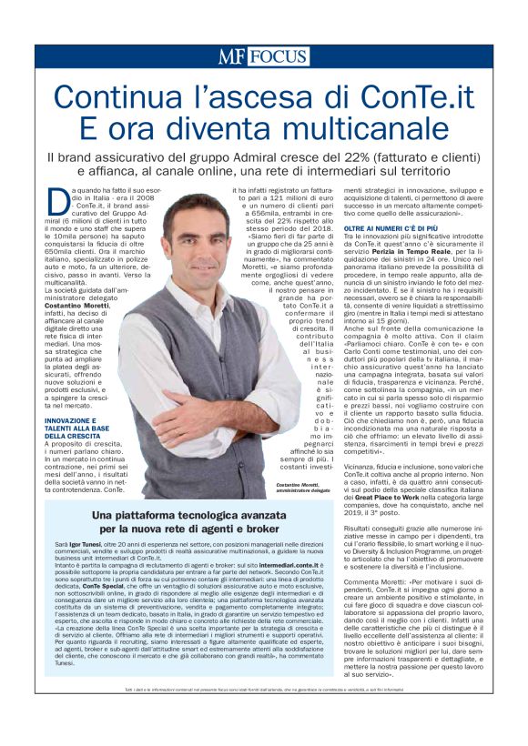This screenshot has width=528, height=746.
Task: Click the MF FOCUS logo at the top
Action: coord(262,56)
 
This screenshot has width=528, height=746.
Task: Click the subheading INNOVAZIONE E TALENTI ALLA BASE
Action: coord(81,425)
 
